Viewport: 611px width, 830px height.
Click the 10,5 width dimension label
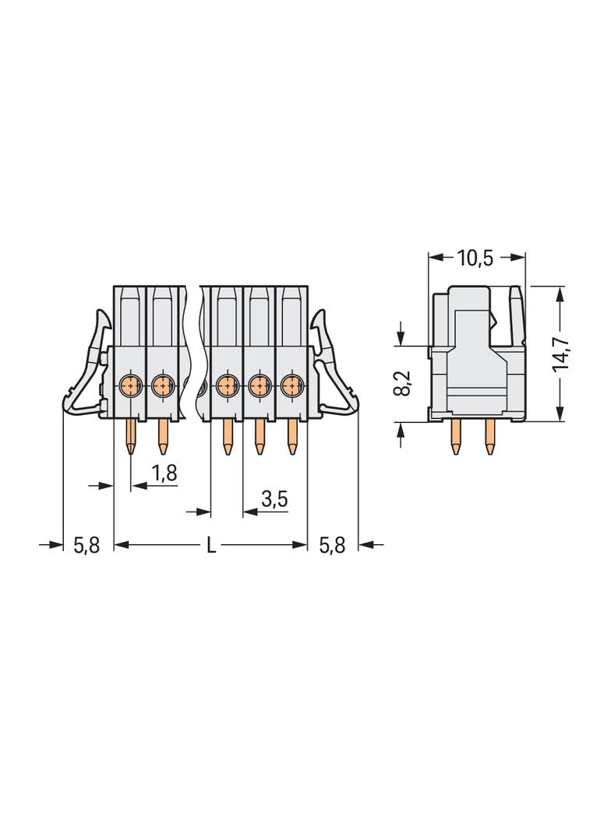(475, 258)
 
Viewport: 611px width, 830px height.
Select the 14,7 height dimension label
(560, 353)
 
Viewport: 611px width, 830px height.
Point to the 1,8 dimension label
(164, 473)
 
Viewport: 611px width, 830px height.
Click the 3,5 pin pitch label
(274, 498)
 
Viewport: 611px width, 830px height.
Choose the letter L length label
(211, 545)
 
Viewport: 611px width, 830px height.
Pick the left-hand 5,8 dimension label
(87, 545)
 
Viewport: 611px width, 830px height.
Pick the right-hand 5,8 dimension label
(332, 545)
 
